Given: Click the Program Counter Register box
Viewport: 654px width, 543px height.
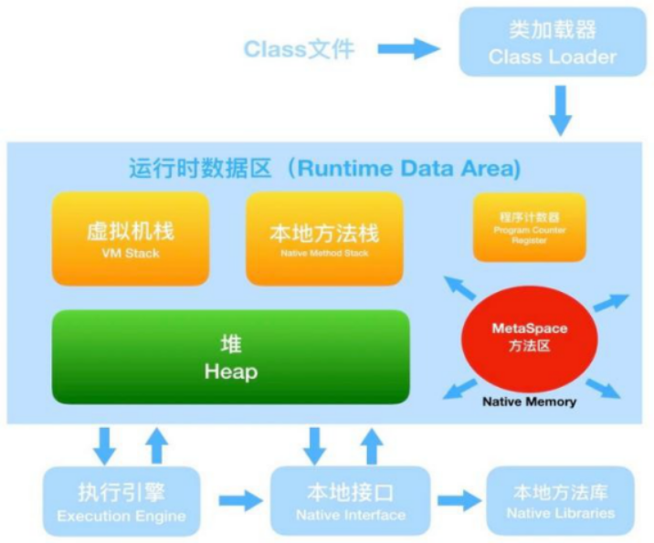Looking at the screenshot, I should (x=530, y=226).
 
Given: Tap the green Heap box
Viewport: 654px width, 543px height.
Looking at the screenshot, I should (x=231, y=357).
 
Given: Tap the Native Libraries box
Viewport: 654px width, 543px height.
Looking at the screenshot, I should (x=560, y=502).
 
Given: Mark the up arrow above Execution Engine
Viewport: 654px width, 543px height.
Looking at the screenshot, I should (x=156, y=444).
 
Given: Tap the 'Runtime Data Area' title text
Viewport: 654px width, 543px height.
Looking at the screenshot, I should (x=325, y=169).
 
